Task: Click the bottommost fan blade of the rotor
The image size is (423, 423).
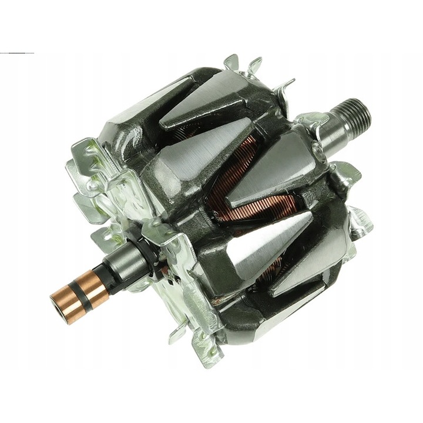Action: coord(200,352)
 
